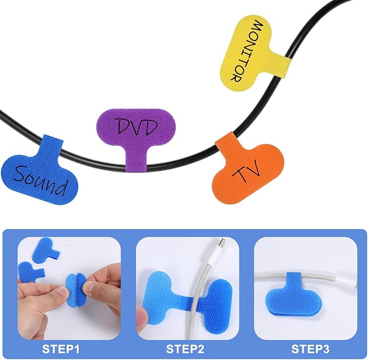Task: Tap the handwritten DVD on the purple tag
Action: [x=137, y=127]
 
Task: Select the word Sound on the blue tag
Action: [x=40, y=180]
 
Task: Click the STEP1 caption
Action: [x=61, y=349]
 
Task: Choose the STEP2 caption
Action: [x=185, y=349]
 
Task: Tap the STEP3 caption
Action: [x=310, y=349]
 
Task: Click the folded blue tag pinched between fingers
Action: [x=76, y=290]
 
